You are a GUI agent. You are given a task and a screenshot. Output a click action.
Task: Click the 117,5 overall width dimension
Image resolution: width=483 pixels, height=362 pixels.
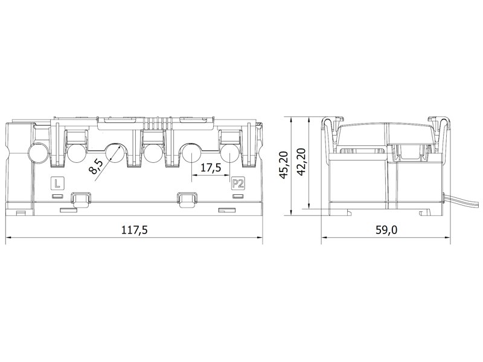pos(135,230)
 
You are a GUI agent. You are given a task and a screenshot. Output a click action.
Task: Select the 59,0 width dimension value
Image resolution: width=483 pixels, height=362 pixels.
pos(386,230)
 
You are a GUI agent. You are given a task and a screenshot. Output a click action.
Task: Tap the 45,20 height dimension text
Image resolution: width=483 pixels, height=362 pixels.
pos(283,164)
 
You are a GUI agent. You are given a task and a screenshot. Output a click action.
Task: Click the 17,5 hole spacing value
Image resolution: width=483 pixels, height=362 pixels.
pos(211,168)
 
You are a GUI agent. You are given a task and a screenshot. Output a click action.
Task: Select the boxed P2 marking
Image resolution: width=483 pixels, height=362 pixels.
pos(237,184)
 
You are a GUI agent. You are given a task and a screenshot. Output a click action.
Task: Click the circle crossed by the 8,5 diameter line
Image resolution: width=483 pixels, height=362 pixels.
pos(115,153)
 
